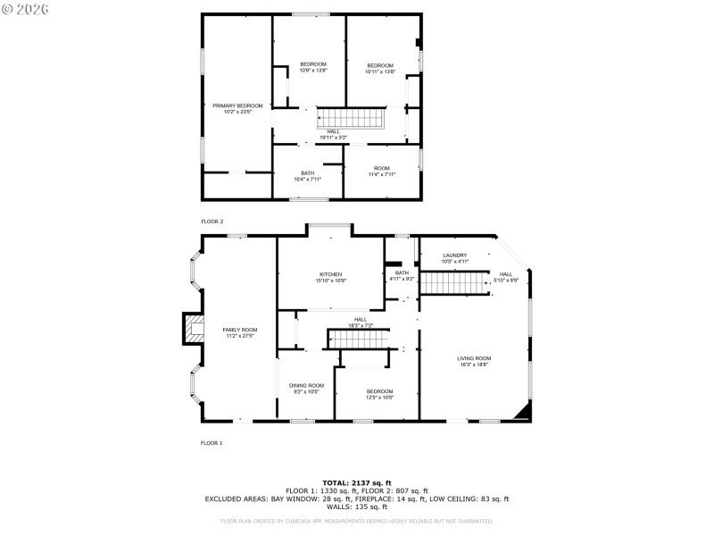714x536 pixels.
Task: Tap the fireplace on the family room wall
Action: (193, 330)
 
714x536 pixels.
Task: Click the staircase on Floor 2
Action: (351, 118)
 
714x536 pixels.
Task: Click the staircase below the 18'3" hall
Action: (359, 339)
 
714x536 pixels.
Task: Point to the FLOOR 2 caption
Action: (212, 221)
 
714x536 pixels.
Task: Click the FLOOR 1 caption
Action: (212, 442)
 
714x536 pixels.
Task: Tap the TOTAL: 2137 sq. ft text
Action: (356, 482)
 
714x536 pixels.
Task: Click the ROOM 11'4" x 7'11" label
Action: (381, 171)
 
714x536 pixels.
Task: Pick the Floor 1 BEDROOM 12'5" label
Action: (379, 394)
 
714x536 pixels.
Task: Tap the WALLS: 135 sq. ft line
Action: (356, 507)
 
